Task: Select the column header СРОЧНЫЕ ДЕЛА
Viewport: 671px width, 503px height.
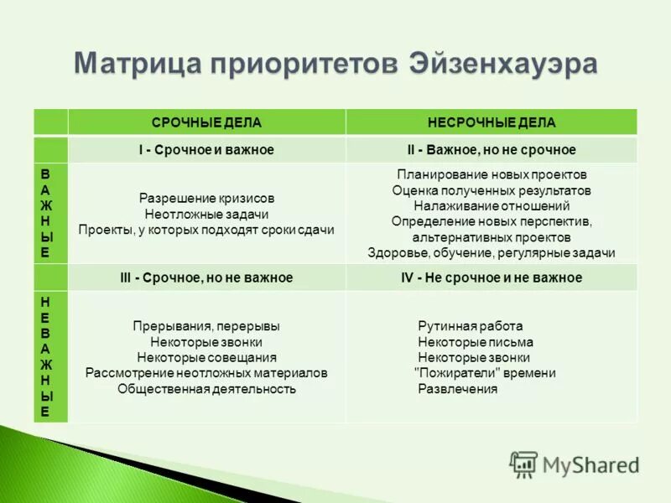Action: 206,122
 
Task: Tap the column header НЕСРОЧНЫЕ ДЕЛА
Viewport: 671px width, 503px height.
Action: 492,122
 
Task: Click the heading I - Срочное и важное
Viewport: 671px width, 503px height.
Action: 206,149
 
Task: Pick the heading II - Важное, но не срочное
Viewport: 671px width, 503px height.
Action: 492,149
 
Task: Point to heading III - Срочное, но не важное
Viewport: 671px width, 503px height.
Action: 206,277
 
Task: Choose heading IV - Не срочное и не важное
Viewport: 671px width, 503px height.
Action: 492,277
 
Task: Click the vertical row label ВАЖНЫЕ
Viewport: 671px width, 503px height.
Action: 46,212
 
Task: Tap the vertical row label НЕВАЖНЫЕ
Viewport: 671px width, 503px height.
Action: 46,356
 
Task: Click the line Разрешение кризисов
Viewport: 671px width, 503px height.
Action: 206,199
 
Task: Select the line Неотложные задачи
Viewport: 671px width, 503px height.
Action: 206,215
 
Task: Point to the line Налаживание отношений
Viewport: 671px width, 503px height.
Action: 492,205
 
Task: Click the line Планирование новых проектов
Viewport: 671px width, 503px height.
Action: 492,174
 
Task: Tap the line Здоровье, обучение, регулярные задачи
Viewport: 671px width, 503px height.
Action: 492,252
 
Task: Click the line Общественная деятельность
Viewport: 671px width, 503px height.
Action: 206,389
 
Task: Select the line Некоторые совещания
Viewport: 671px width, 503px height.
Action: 206,358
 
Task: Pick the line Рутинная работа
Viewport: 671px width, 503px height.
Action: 470,326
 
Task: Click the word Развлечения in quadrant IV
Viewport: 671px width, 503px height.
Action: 458,389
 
